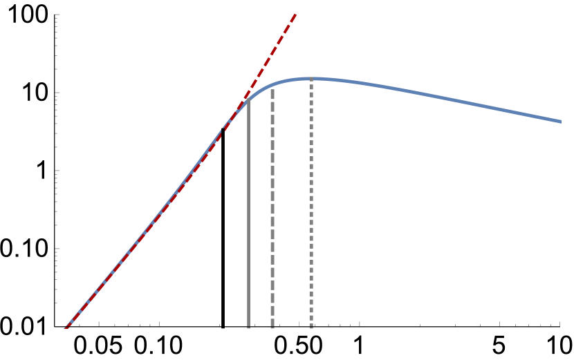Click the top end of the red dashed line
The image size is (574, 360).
click(295, 14)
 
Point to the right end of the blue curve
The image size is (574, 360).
click(559, 121)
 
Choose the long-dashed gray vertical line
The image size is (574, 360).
click(272, 207)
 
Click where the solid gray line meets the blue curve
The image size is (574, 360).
click(249, 99)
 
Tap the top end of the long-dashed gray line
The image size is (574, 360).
click(272, 88)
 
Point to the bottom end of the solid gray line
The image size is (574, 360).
click(249, 327)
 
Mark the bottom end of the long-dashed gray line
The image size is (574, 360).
click(272, 327)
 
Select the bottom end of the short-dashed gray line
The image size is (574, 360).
click(311, 327)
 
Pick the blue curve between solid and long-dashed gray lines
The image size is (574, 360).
click(261, 91)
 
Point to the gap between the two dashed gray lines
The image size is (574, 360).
click(292, 207)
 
